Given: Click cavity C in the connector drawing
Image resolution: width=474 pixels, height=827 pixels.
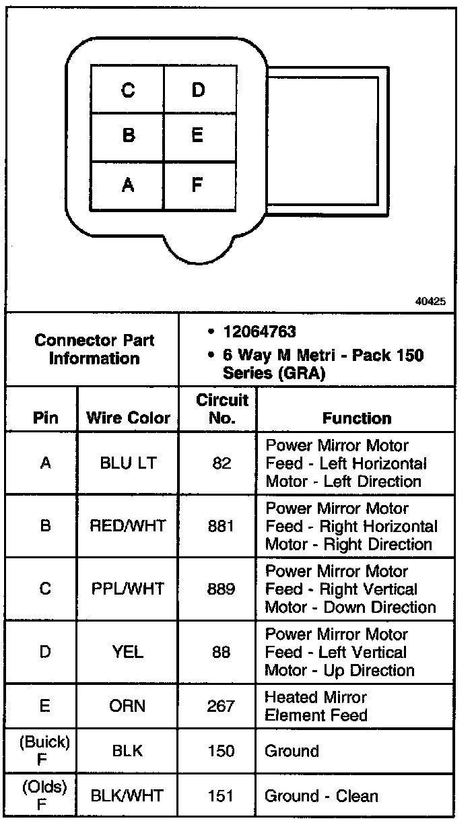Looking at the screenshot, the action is [128, 90].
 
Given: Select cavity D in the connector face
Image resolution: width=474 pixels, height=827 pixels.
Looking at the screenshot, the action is [198, 90].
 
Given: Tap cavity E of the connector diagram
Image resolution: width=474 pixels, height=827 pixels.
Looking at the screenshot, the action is [197, 135].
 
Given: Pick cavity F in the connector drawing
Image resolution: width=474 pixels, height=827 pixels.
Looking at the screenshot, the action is [197, 184].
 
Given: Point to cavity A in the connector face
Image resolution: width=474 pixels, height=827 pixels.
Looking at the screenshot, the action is [128, 184].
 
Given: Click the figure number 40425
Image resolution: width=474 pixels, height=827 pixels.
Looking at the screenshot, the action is [430, 302].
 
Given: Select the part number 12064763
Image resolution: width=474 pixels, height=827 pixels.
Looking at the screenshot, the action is [259, 332].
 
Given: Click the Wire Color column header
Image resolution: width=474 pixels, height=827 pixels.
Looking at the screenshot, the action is [128, 418].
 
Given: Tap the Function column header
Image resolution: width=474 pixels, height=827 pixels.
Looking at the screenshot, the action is [357, 418].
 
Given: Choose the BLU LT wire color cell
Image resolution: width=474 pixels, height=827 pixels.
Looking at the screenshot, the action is [128, 463].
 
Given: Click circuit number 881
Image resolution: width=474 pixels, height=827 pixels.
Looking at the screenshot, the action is [221, 526].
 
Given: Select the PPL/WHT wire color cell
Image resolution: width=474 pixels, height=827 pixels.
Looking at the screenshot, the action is [128, 589].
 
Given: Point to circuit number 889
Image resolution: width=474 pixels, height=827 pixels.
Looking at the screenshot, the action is [221, 589].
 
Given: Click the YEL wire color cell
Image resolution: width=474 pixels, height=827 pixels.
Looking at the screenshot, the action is [128, 652].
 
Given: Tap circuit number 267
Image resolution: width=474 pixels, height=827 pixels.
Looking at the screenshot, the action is [221, 706].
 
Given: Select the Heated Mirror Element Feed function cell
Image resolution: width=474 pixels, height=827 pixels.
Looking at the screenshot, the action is [316, 706].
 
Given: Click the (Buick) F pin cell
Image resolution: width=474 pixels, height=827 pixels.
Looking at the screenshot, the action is [44, 750].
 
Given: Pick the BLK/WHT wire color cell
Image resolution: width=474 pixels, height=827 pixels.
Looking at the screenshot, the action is [128, 795].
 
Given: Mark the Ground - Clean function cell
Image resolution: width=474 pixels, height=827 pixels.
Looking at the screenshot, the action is [321, 795].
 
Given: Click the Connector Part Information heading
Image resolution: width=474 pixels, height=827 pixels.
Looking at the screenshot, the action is [94, 349].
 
